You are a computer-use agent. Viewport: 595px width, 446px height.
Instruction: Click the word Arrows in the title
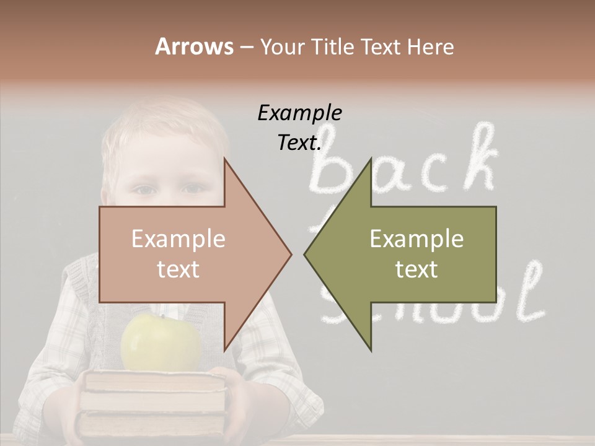(194, 46)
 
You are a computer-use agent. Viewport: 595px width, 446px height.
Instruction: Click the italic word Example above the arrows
(299, 113)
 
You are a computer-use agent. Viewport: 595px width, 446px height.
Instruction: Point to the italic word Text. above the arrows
(299, 142)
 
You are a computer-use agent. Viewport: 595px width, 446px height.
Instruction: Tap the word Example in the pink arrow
(178, 239)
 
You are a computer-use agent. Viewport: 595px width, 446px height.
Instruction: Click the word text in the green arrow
(416, 269)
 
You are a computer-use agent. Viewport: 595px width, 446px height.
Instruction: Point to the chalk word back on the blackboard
(403, 164)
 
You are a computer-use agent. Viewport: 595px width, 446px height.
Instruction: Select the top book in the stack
(155, 381)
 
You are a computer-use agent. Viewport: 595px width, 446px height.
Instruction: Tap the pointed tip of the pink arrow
(290, 254)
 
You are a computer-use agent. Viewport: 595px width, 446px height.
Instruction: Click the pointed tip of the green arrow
(306, 254)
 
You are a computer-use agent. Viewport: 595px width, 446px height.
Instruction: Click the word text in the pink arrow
(178, 269)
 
